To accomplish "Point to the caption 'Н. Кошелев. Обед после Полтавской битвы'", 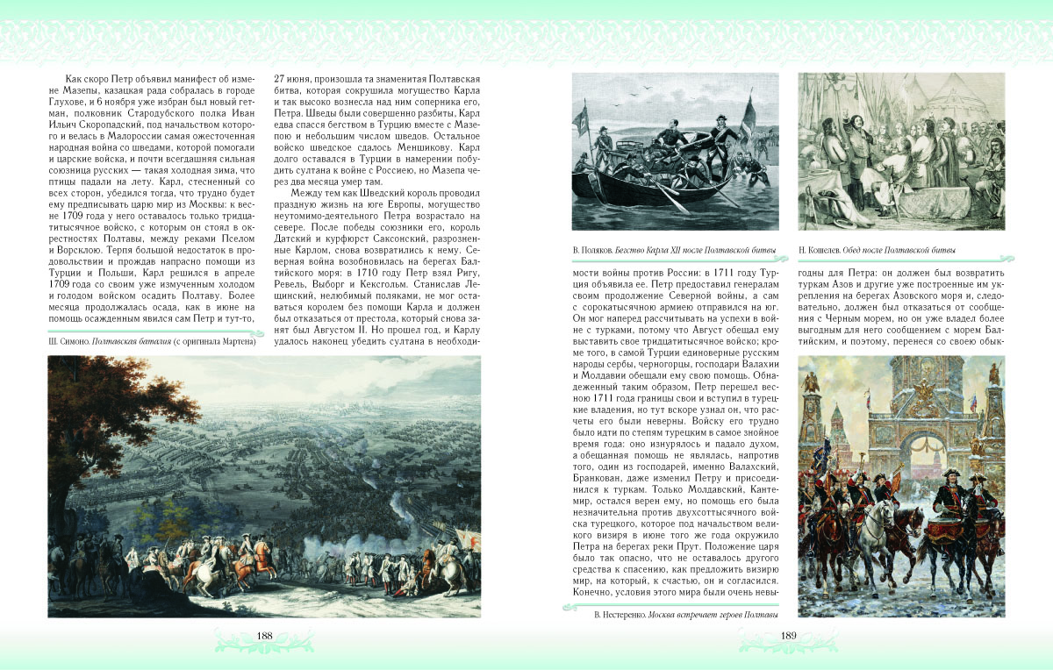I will (877, 253).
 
